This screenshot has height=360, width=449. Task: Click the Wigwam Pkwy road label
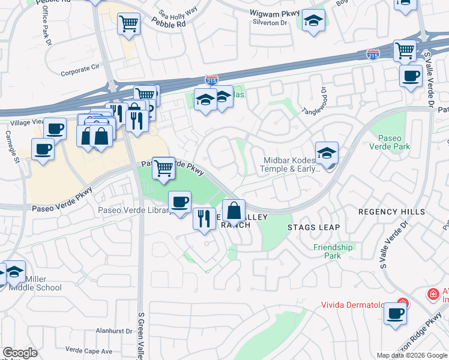(274, 11)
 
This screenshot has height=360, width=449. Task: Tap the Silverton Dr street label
(271, 22)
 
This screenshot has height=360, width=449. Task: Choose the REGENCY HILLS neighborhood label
(391, 212)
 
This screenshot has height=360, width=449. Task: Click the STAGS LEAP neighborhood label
(313, 227)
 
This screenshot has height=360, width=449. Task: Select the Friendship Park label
(333, 251)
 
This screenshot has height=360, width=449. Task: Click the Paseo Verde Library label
(133, 210)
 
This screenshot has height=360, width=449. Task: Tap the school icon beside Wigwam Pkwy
(313, 21)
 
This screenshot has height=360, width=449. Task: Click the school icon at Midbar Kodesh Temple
(327, 153)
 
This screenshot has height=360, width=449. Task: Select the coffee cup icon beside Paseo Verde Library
(179, 202)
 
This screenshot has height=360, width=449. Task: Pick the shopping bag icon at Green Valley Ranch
(234, 211)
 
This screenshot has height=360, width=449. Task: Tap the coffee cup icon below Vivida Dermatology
(395, 314)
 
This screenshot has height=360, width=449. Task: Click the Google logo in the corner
(20, 353)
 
